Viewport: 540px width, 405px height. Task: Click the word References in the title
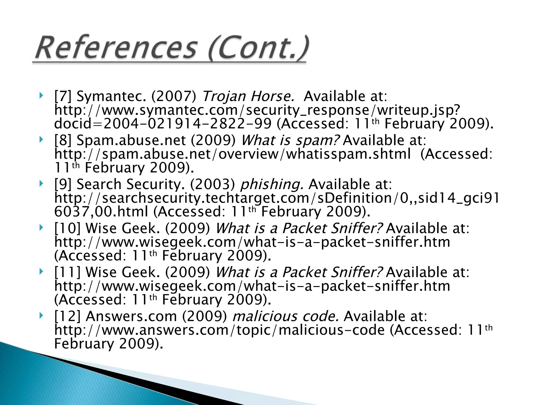click(116, 48)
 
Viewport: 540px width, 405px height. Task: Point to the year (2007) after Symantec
click(174, 96)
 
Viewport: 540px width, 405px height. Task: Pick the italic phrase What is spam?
click(291, 140)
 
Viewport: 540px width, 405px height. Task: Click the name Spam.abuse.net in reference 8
click(131, 140)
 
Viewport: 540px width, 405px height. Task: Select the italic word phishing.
click(272, 184)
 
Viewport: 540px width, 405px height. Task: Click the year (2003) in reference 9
click(213, 184)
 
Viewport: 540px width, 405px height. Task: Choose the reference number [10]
click(67, 228)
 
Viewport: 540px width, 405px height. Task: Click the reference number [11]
click(67, 272)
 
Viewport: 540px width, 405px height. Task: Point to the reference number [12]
click(67, 316)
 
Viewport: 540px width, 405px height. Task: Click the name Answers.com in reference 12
click(131, 316)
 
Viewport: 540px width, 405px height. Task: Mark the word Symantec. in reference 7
click(111, 96)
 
